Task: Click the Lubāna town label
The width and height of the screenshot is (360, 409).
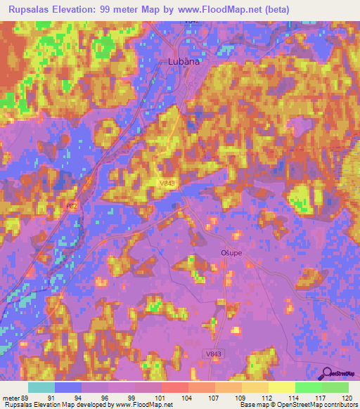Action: click(184, 62)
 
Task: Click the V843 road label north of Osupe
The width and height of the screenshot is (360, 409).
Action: click(167, 183)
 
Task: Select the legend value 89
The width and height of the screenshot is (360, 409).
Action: click(27, 398)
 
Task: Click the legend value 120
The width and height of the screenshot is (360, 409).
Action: click(346, 398)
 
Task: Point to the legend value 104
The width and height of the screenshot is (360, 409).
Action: click(187, 398)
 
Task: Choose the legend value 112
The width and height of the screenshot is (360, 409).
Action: click(266, 398)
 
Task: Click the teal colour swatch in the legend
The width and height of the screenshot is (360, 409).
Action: click(41, 387)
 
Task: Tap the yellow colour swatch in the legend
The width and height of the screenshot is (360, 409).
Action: click(281, 387)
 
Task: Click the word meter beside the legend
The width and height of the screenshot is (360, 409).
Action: click(11, 398)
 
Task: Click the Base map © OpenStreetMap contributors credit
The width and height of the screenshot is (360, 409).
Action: click(298, 405)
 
